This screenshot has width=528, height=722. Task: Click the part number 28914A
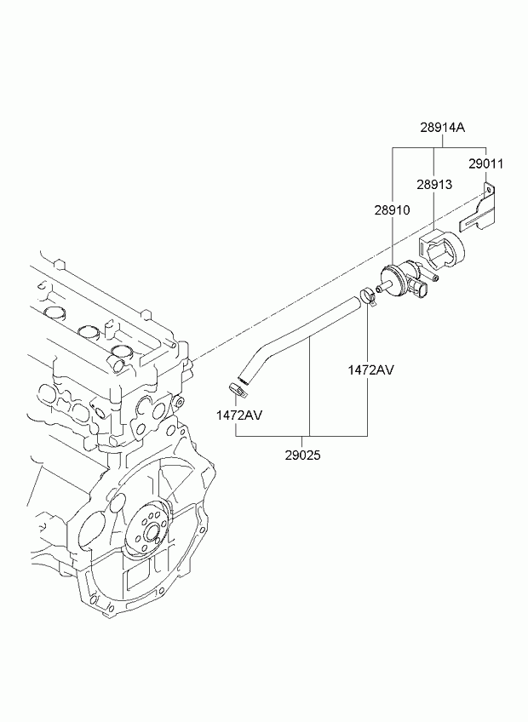(442, 127)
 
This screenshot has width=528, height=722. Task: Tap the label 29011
(486, 164)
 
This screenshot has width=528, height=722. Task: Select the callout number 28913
(434, 185)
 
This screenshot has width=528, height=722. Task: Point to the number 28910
(392, 210)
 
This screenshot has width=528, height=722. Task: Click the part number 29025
(302, 456)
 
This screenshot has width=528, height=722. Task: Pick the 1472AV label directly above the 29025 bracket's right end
(371, 370)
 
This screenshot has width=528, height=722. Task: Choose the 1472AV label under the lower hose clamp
(239, 415)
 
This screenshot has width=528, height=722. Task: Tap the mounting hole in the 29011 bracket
(488, 189)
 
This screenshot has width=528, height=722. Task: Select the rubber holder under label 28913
(441, 251)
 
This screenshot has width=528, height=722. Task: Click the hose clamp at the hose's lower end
(238, 388)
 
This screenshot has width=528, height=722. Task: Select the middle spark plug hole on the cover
(88, 331)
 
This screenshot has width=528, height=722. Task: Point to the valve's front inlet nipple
(382, 289)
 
